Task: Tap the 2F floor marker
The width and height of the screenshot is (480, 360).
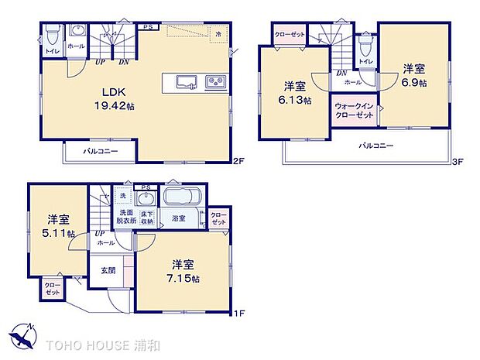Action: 239,162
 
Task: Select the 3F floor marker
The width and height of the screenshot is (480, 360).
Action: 458,162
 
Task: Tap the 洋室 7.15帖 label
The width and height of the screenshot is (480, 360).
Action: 186,270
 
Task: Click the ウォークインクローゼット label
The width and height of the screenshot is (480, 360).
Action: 354,110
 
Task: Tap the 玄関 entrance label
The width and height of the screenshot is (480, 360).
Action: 108,270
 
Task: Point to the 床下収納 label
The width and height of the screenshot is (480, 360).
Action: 147,218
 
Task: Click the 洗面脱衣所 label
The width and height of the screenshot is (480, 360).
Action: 127,218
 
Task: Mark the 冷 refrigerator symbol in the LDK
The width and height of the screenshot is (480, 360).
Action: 219,35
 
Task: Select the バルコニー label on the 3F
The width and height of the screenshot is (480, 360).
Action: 375,146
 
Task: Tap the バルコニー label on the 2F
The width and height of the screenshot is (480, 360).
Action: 101,151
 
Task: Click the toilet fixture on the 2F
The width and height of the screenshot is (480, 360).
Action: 52,36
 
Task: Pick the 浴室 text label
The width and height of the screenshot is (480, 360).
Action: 178,219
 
